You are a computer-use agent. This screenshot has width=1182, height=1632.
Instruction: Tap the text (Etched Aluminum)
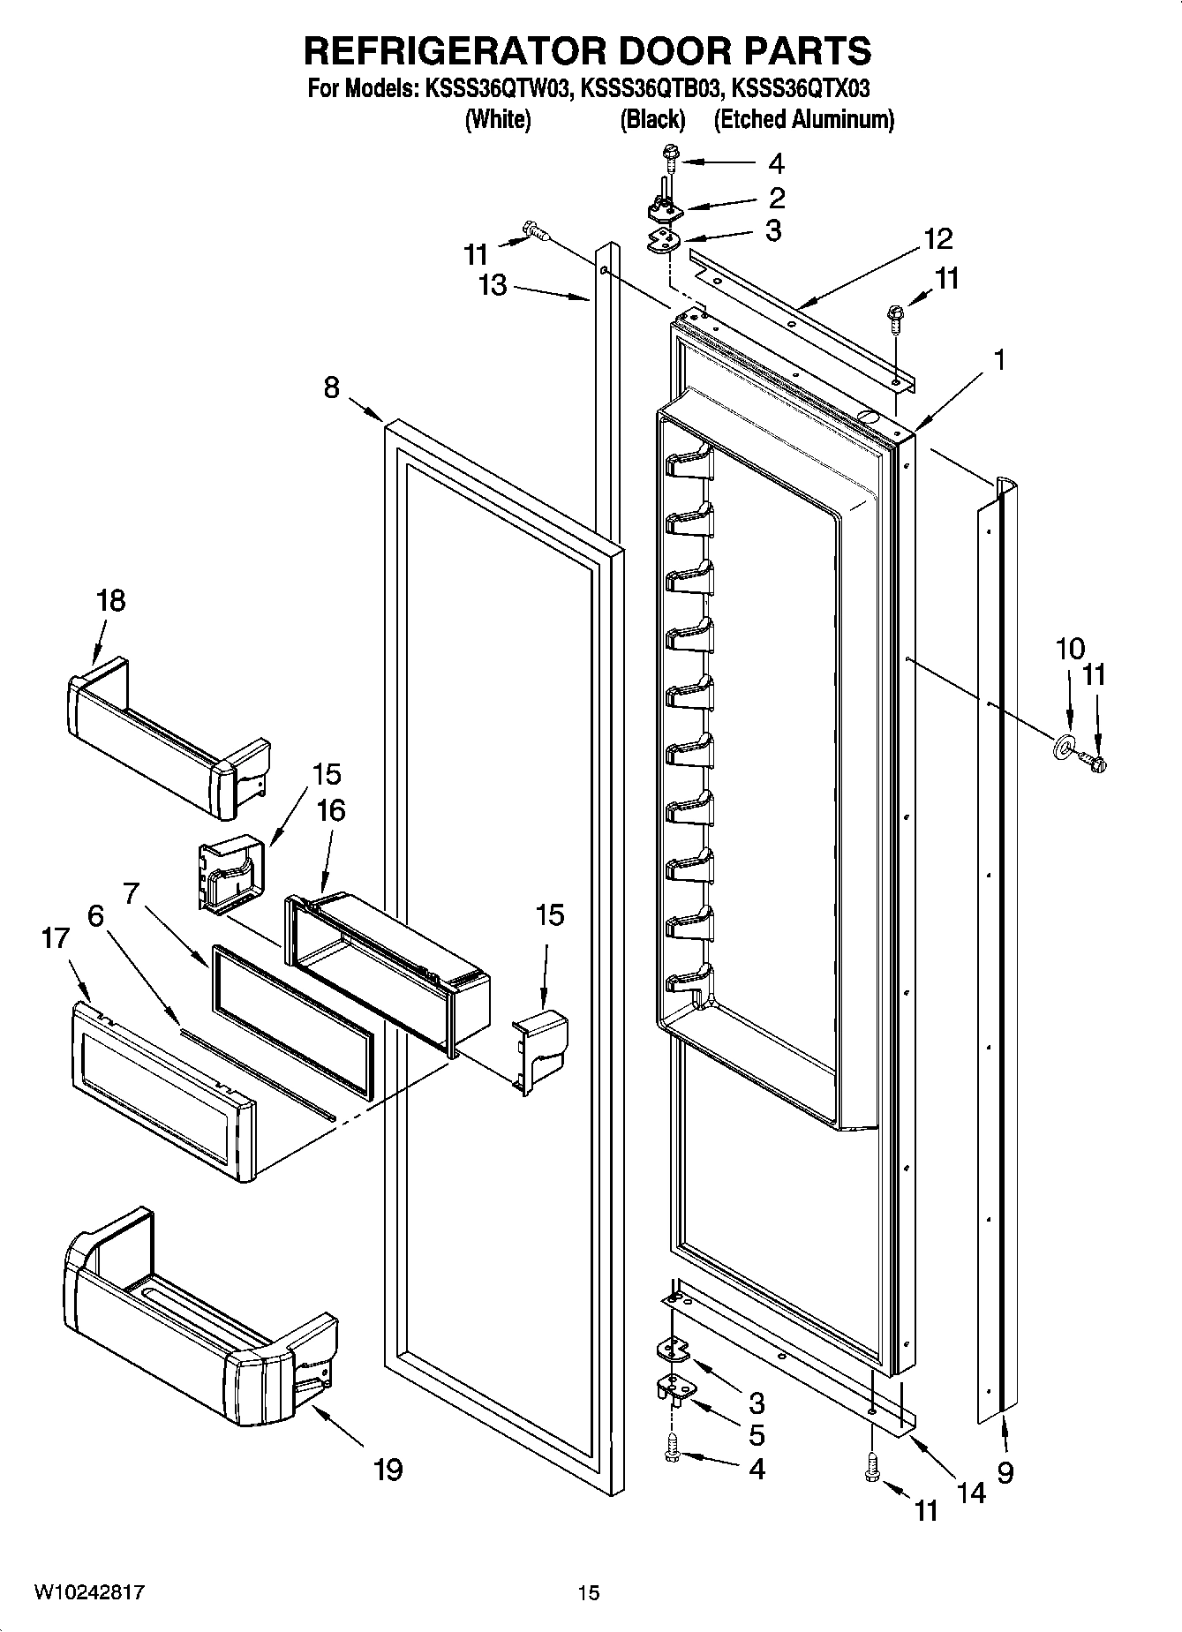[x=803, y=119]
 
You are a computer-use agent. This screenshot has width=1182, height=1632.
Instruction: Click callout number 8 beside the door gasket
[x=332, y=387]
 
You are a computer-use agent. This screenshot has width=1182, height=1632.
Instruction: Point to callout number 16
[x=331, y=810]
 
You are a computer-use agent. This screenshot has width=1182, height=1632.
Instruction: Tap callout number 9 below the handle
[x=1005, y=1470]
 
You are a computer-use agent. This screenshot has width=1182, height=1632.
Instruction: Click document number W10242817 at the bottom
[x=89, y=1591]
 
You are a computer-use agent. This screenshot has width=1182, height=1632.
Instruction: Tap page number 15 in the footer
[x=589, y=1592]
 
